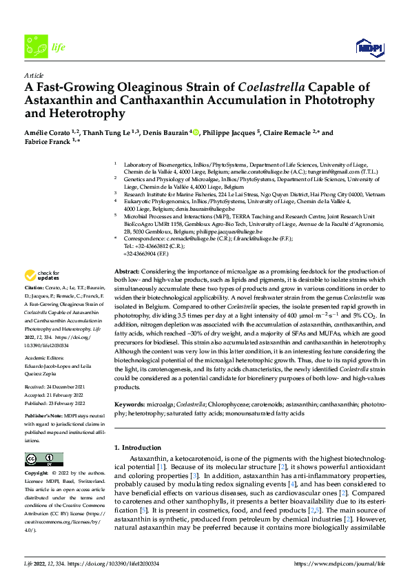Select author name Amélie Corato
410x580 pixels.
click(52, 133)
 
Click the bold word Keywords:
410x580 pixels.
click(130, 404)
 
